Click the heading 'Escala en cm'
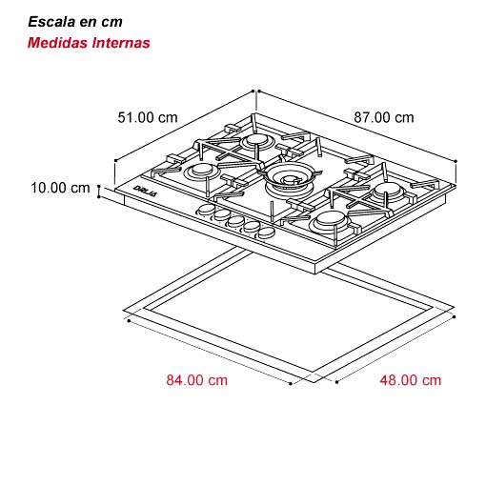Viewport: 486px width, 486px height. click(75, 22)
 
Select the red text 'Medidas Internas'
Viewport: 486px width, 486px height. click(89, 43)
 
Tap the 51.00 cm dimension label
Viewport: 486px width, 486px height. click(148, 117)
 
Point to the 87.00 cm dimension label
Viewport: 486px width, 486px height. click(384, 117)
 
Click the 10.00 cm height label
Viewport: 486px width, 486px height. click(60, 188)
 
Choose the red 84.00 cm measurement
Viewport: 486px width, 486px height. click(197, 380)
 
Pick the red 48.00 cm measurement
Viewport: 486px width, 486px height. click(411, 380)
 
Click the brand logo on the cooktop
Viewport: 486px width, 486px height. click(145, 191)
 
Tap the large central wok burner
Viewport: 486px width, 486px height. click(289, 179)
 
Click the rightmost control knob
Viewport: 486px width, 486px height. click(266, 233)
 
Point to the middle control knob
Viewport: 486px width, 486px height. click(235, 221)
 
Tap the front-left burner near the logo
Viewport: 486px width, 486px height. click(202, 172)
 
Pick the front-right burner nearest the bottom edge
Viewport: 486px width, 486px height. click(329, 221)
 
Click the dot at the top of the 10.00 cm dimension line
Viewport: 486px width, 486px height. click(99, 186)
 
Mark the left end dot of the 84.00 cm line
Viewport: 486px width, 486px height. click(129, 321)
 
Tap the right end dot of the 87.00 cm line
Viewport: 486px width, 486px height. click(456, 161)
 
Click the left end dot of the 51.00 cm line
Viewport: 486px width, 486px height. click(116, 160)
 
